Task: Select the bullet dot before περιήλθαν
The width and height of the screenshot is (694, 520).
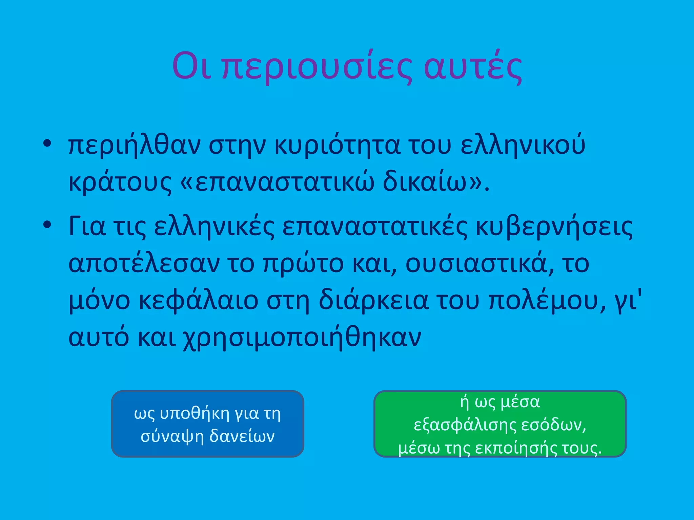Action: click(x=47, y=143)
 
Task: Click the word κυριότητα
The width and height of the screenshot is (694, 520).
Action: click(x=337, y=146)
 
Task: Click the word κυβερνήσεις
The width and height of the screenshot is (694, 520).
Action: click(x=554, y=227)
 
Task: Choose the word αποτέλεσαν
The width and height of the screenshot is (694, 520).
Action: click(x=144, y=264)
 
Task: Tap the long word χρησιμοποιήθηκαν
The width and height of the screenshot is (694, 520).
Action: click(x=302, y=338)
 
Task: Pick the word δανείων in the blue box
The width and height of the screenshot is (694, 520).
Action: click(x=242, y=436)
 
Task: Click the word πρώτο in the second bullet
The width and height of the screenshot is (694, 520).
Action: click(x=303, y=264)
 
